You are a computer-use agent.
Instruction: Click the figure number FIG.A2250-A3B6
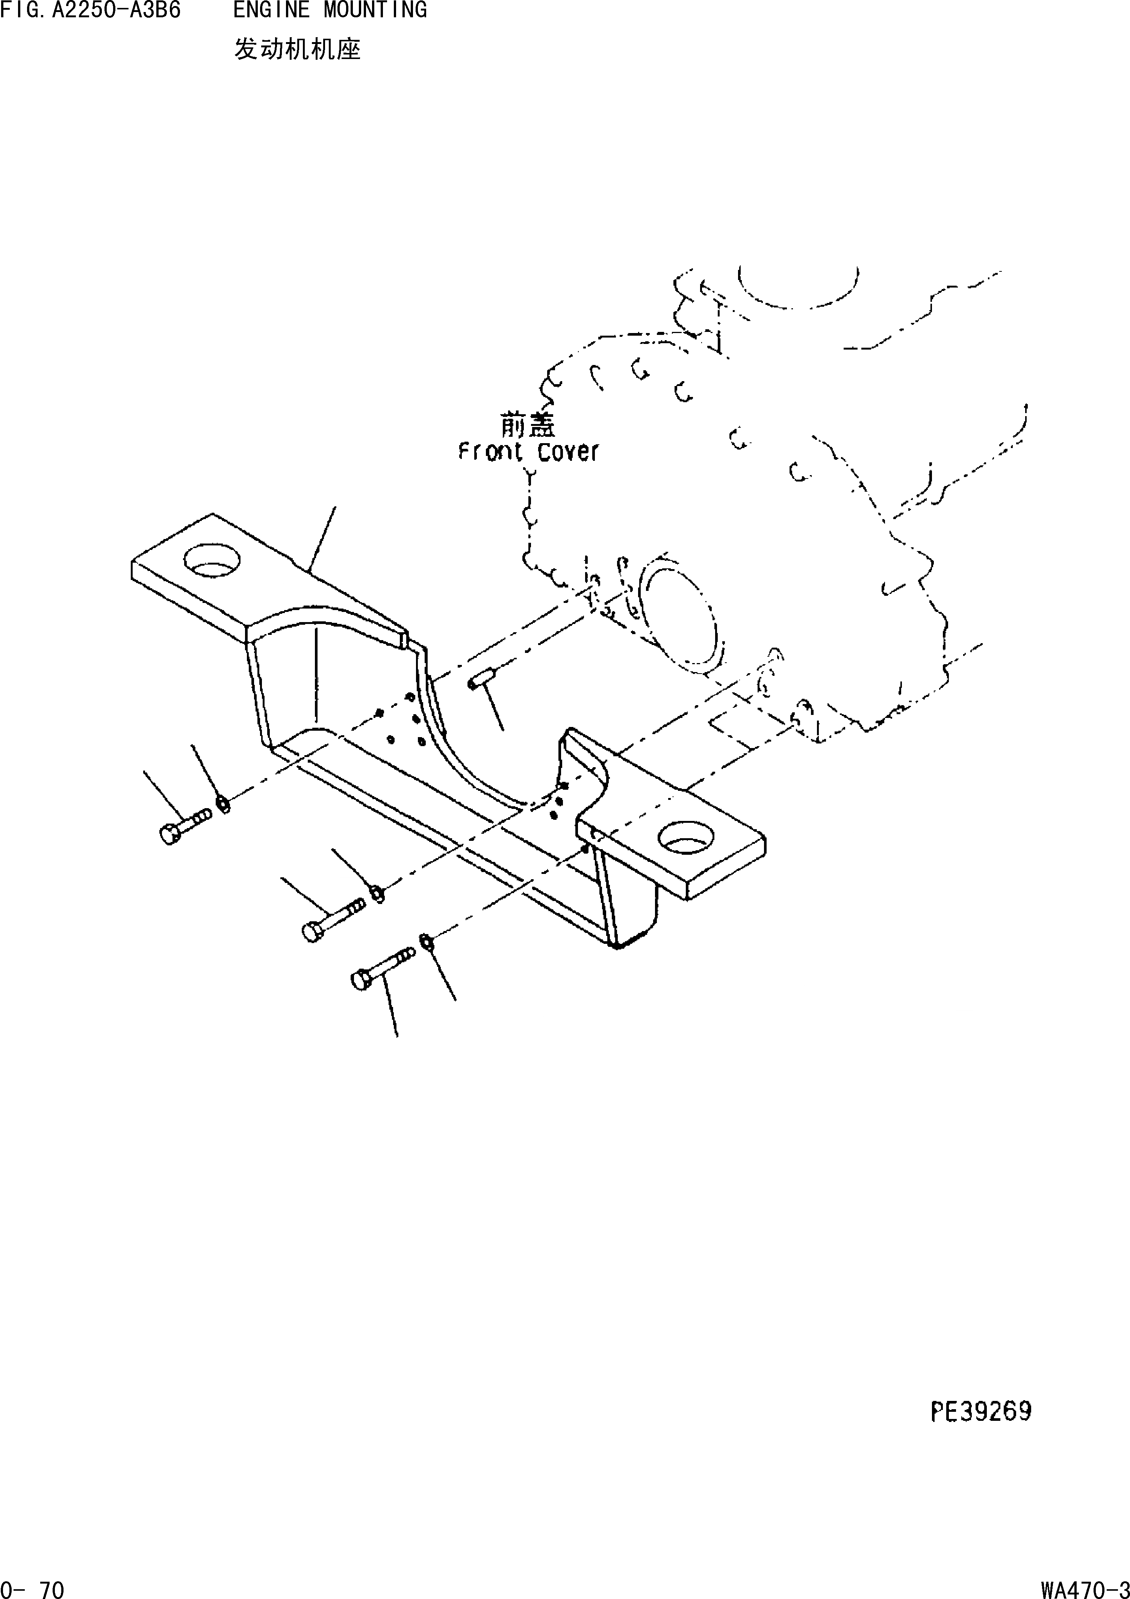91,11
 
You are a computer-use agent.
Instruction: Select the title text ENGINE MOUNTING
330,11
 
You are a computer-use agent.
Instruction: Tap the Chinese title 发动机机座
297,50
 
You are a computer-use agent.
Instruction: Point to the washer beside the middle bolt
377,893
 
